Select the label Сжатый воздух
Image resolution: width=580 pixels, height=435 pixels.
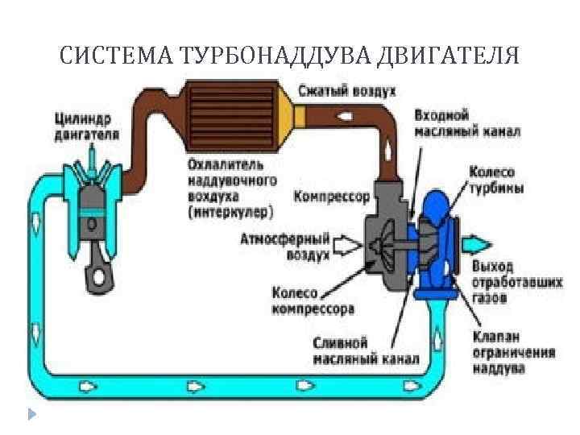coord(346,90)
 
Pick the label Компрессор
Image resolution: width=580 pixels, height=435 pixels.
coord(332,196)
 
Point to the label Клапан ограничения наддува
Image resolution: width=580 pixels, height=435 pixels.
coord(502,353)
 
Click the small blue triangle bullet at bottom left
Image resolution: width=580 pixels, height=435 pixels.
coord(31,415)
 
